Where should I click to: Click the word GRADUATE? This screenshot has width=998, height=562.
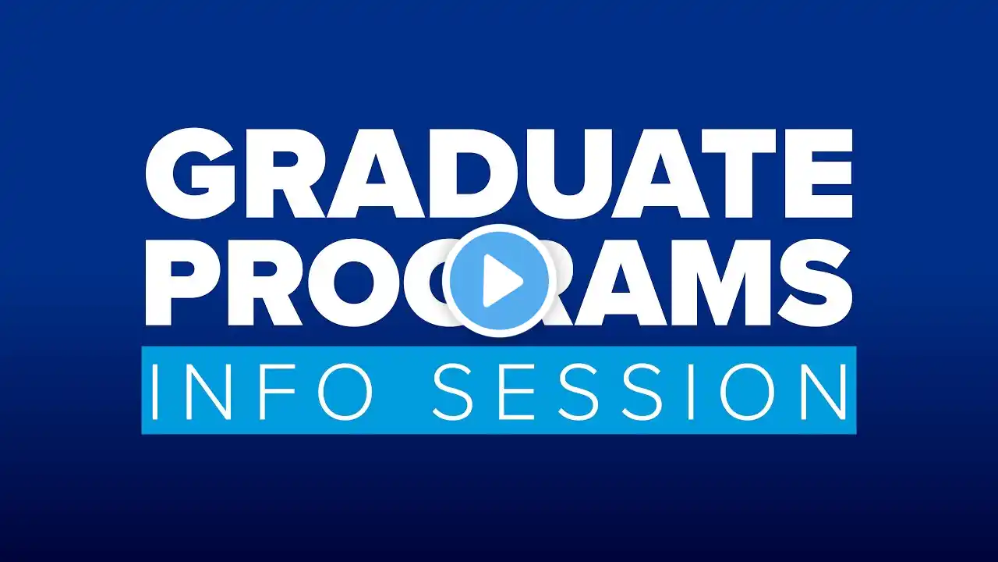(499, 173)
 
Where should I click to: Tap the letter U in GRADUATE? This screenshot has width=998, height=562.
(569, 174)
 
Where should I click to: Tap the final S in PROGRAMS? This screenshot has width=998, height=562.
(818, 283)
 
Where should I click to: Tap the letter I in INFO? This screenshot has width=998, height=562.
(154, 392)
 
